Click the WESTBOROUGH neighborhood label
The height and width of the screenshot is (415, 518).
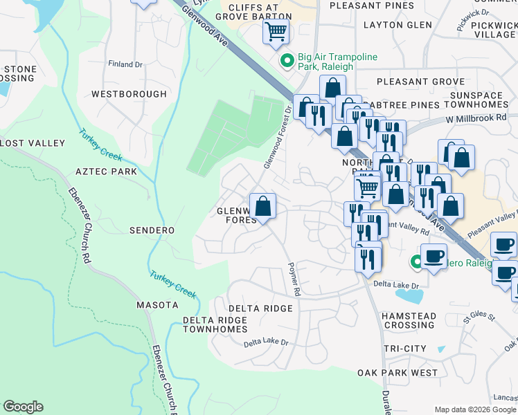(x=129, y=93)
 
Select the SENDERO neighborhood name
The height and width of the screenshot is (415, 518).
(x=152, y=230)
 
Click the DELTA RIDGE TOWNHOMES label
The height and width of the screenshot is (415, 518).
(x=215, y=325)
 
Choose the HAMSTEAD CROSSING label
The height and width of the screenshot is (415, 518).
(x=409, y=320)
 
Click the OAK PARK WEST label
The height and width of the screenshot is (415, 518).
(x=398, y=373)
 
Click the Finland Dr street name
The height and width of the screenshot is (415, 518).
(x=125, y=64)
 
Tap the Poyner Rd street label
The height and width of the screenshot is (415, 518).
(x=294, y=279)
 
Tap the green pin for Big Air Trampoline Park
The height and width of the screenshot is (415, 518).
(x=285, y=62)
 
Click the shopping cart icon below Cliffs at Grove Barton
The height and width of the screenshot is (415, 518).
(x=276, y=31)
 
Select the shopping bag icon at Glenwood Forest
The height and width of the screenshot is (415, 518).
(x=262, y=205)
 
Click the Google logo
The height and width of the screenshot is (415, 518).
(x=23, y=407)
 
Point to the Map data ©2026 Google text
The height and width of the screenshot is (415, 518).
(x=475, y=409)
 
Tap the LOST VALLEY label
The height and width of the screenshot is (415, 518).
(x=33, y=143)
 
